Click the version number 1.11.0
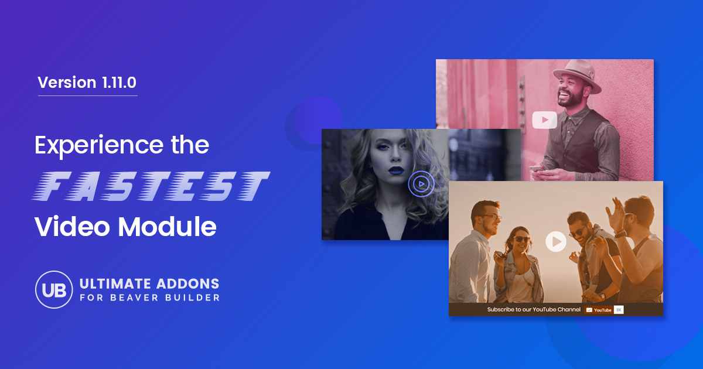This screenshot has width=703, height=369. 119,83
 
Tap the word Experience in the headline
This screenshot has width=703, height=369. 99,146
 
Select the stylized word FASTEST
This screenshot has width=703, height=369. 151,186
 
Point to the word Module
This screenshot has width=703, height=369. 167,226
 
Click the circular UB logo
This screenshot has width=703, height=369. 54,289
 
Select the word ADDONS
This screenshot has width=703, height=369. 187,284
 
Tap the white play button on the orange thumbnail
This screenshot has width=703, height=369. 556,241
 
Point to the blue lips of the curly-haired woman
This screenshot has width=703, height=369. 396,170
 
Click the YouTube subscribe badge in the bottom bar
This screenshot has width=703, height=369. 599,310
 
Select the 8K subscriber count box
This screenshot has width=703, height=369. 619,310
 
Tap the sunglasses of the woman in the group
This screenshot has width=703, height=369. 521,239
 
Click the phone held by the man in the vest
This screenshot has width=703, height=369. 536,169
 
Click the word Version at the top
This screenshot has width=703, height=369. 67,83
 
